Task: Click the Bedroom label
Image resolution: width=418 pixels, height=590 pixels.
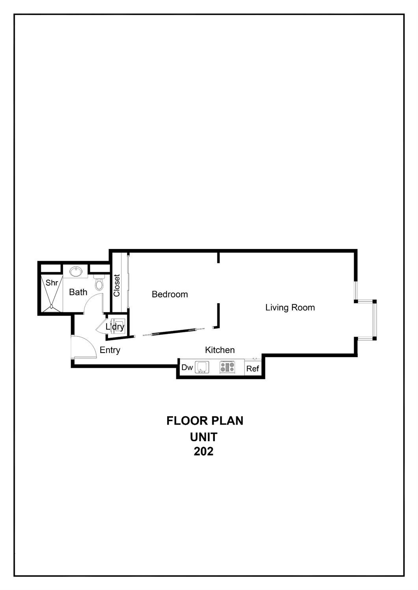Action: (x=170, y=294)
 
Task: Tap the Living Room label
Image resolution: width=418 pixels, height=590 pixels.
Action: (x=290, y=307)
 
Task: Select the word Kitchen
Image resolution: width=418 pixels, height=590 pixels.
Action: (x=220, y=350)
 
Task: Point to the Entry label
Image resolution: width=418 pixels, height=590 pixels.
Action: (x=110, y=350)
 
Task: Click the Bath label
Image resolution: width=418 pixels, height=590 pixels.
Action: (x=78, y=292)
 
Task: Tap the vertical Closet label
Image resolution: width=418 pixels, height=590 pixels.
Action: (x=117, y=286)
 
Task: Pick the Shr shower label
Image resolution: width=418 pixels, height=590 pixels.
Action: (x=52, y=283)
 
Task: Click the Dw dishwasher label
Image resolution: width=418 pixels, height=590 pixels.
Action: (x=187, y=367)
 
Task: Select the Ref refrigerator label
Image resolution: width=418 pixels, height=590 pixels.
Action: (x=252, y=369)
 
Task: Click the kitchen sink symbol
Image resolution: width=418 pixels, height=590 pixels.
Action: (x=202, y=367)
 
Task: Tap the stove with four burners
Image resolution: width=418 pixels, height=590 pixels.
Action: (x=227, y=367)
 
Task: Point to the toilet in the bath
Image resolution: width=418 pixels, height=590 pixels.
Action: (x=99, y=283)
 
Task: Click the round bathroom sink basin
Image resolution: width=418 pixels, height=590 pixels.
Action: (x=76, y=271)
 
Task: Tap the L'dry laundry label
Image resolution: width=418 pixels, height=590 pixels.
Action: (x=115, y=327)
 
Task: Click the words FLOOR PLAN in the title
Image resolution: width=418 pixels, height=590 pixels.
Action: (x=205, y=421)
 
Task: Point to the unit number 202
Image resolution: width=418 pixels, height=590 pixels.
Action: (x=203, y=451)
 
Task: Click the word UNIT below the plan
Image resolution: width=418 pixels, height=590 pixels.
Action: (x=203, y=437)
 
